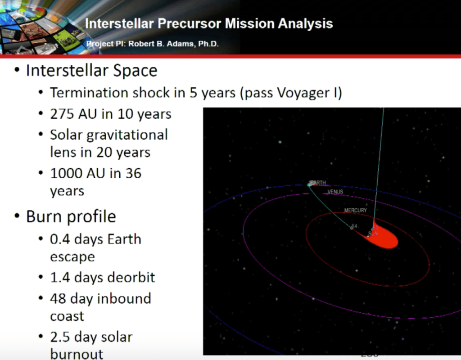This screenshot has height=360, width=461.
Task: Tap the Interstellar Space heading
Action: pyautogui.click(x=91, y=71)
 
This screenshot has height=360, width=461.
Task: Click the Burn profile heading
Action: pyautogui.click(x=71, y=216)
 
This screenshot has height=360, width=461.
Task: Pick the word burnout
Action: pyautogui.click(x=77, y=354)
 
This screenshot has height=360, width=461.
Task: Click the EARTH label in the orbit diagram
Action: pyautogui.click(x=318, y=183)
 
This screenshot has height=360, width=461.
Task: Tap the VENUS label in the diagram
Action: pyautogui.click(x=335, y=192)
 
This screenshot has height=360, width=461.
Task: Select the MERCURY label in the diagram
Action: pyautogui.click(x=355, y=210)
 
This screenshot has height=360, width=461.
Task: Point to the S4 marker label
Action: pyautogui.click(x=355, y=226)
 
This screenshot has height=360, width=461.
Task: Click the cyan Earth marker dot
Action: pyautogui.click(x=309, y=184)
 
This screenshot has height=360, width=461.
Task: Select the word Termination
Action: pyautogui.click(x=88, y=93)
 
